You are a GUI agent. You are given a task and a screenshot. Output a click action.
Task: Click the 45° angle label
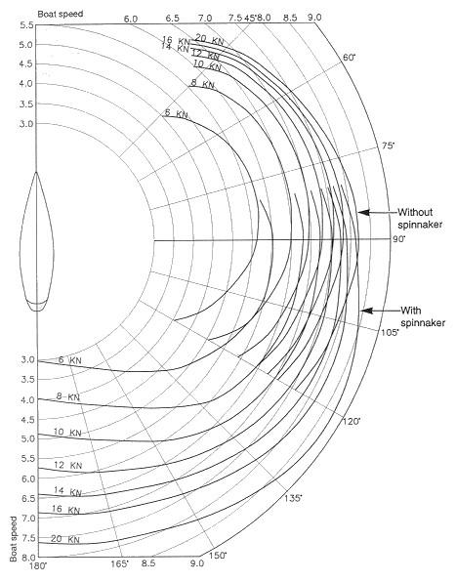(x=251, y=18)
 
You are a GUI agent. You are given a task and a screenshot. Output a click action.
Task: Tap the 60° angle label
(x=348, y=58)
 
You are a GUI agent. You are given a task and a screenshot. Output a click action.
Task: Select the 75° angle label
(x=389, y=145)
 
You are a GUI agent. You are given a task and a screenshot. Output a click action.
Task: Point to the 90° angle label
(x=398, y=239)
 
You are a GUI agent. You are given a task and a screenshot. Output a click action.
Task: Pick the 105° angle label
(x=391, y=332)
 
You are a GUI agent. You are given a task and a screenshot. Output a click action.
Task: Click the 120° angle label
(x=351, y=422)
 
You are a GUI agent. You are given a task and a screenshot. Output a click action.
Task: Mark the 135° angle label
(x=294, y=498)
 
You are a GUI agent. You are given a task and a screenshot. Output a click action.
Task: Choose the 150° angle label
(x=218, y=556)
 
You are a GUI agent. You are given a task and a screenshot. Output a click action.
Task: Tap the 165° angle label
(x=120, y=563)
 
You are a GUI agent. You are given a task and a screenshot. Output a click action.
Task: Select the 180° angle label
(x=38, y=565)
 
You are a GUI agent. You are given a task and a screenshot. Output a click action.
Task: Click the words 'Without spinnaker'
(x=420, y=219)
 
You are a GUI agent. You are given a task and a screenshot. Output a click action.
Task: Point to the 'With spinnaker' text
(x=423, y=316)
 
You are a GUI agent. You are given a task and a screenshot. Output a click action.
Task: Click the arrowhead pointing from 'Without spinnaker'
(x=364, y=212)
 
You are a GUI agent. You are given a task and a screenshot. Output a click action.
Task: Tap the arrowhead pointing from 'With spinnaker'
(x=367, y=311)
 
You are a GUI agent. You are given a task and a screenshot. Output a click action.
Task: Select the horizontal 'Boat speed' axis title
(x=61, y=14)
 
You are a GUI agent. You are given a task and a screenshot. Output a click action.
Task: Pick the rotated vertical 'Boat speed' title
(x=14, y=539)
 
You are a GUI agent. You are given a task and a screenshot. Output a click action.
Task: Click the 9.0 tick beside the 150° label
(x=197, y=563)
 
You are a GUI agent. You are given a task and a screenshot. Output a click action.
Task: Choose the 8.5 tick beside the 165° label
(x=148, y=563)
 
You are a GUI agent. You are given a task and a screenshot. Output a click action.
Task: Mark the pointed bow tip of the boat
(x=36, y=172)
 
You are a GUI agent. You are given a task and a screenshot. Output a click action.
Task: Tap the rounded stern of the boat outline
(x=37, y=310)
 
